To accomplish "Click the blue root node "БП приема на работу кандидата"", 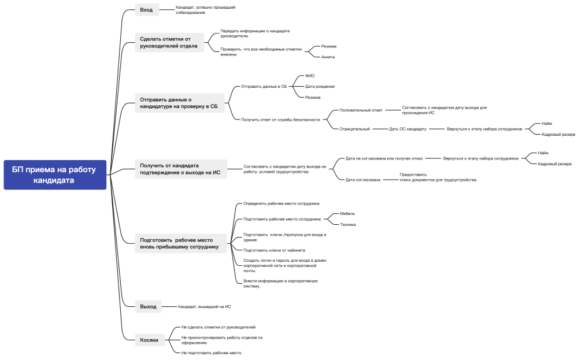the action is [55, 175].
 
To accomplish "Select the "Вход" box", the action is [147, 10].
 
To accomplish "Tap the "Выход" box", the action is [148, 307].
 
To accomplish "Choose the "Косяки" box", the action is [150, 340].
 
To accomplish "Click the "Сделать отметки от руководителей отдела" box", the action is [169, 42].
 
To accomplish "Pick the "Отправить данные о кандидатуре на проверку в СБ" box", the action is [180, 103].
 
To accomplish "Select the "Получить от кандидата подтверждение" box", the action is [181, 169].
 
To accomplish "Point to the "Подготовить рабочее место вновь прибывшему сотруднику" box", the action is [181, 243].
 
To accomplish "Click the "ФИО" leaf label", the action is [310, 76].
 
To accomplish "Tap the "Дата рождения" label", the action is [320, 87].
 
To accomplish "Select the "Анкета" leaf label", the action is [328, 57].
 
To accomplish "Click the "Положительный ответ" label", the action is [361, 110].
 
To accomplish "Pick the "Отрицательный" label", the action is [354, 129].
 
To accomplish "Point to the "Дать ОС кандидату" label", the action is [407, 129].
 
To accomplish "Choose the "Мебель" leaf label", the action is [347, 214].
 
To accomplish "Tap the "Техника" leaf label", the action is [348, 225].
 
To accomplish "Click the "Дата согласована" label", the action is [362, 180].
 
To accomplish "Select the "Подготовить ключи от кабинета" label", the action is [275, 251].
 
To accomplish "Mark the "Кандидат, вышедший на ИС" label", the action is [204, 307].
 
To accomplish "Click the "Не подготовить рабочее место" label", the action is [211, 353].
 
